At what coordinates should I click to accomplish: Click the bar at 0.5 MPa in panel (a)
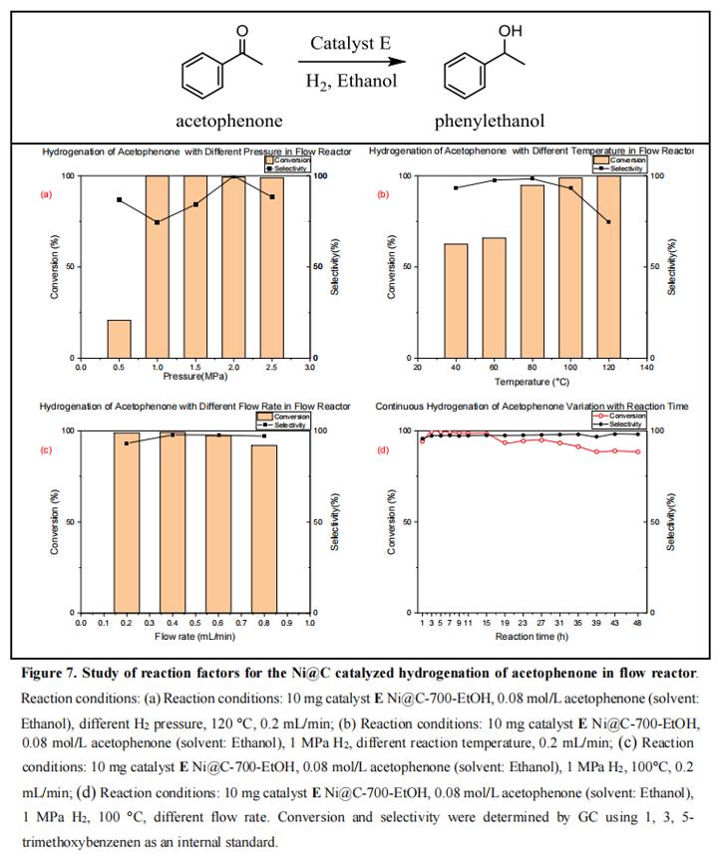coord(119,339)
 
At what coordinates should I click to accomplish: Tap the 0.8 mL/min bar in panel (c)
coord(264,528)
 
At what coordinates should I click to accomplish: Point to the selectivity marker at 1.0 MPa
coord(158,221)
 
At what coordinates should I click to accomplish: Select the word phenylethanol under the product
coord(489,121)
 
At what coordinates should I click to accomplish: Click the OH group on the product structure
coord(511,32)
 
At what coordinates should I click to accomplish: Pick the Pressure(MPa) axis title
coord(194,377)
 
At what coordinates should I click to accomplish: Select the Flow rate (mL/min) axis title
coord(194,634)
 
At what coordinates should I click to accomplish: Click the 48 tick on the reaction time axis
coord(638,622)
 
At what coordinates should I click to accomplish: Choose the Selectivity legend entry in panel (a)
coord(288,168)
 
